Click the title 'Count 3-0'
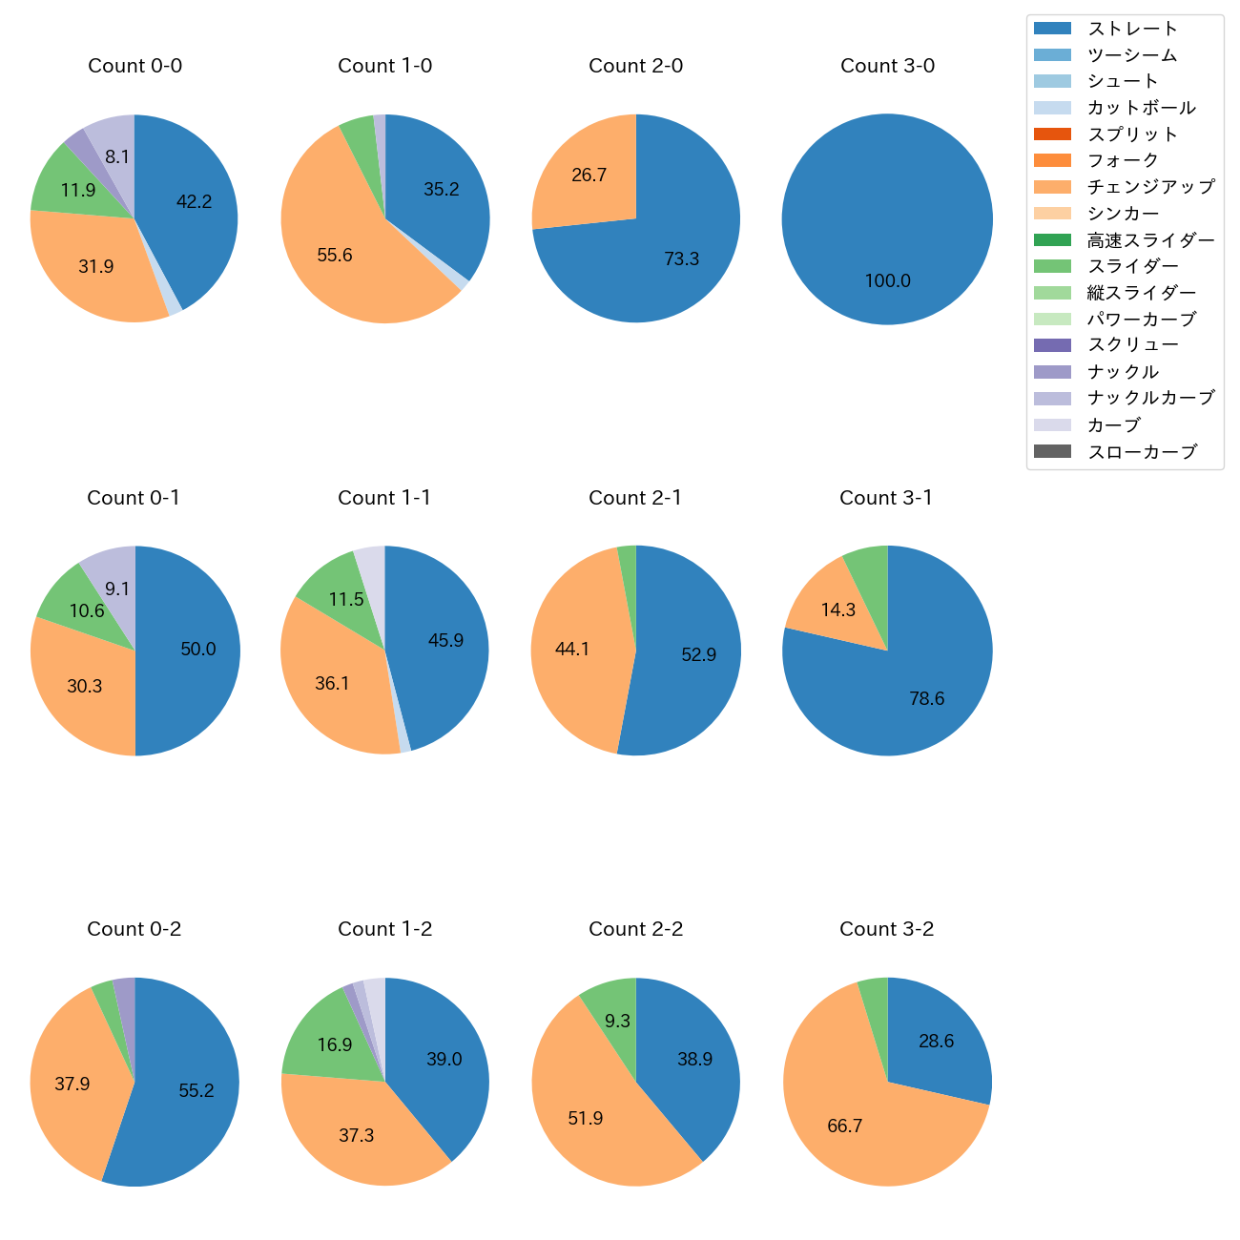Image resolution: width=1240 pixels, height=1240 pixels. coord(887,66)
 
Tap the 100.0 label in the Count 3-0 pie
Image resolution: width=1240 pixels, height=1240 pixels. coord(887,280)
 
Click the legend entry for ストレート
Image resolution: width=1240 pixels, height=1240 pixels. coord(1132,29)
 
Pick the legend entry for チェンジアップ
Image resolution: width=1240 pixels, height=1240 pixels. coord(1150,187)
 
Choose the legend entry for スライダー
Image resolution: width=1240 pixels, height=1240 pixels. coord(1132,266)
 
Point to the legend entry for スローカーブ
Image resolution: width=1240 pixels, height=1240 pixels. coord(1142,452)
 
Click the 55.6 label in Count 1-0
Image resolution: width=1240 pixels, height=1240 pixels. coord(335,255)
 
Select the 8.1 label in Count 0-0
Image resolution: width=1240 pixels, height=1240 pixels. coord(117,156)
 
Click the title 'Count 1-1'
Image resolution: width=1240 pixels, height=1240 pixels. coord(384,498)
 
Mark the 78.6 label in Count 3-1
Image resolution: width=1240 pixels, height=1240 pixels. coord(926,699)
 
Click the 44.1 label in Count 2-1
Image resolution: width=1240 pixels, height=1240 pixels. coord(572,649)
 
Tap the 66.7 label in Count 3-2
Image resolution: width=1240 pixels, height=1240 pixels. coord(844,1126)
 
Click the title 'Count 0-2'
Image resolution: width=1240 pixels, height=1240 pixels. coord(134,929)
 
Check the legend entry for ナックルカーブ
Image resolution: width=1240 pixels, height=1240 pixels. coord(1150,399)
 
